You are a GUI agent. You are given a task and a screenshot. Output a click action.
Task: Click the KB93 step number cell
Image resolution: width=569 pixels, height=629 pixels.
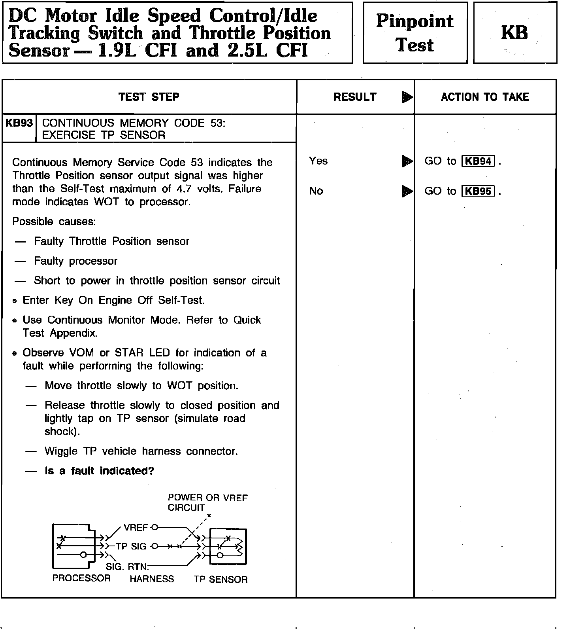pos(19,123)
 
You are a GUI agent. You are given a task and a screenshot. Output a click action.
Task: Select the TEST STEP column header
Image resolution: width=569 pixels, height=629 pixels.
pos(149,97)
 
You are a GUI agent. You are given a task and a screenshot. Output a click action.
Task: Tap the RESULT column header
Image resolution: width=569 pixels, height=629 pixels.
pos(355,97)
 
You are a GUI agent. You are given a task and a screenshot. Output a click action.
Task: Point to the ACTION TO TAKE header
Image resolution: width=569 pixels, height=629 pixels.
pos(485,97)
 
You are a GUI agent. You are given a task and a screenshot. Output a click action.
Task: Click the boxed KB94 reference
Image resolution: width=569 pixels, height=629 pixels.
pos(478,161)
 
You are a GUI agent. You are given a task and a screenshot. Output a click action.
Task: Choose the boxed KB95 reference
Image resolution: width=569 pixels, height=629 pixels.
pos(478,191)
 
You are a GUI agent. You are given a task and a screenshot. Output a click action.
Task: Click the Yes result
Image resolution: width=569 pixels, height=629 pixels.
pos(318,161)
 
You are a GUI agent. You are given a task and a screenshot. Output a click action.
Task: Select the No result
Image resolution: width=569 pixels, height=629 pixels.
pos(316,191)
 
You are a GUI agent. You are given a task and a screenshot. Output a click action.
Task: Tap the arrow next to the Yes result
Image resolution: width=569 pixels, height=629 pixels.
pos(407,161)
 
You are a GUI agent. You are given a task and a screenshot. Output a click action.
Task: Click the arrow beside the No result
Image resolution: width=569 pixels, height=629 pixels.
pos(407,191)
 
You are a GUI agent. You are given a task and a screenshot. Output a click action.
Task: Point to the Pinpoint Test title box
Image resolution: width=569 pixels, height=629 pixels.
pos(415,33)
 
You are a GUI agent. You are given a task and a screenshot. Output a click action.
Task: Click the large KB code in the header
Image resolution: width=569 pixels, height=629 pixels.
pos(514,33)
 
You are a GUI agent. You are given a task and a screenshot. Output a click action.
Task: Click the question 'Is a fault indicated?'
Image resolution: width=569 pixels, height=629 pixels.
pos(99,471)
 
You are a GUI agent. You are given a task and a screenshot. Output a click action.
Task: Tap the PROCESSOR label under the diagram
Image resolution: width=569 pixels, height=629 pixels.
pos(81,578)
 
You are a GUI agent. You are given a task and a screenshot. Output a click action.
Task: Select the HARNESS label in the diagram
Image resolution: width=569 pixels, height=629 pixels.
pos(152,579)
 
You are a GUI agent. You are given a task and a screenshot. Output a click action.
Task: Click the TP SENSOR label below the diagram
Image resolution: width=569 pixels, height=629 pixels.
pos(220,580)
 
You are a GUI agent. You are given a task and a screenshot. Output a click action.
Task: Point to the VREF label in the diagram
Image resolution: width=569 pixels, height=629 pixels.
pos(136,528)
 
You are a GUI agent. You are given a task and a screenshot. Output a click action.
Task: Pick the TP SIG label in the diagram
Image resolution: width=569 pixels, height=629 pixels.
pos(131,546)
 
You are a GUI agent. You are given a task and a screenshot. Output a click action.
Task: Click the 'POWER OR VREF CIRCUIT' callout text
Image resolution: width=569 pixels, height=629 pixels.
pos(207,502)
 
